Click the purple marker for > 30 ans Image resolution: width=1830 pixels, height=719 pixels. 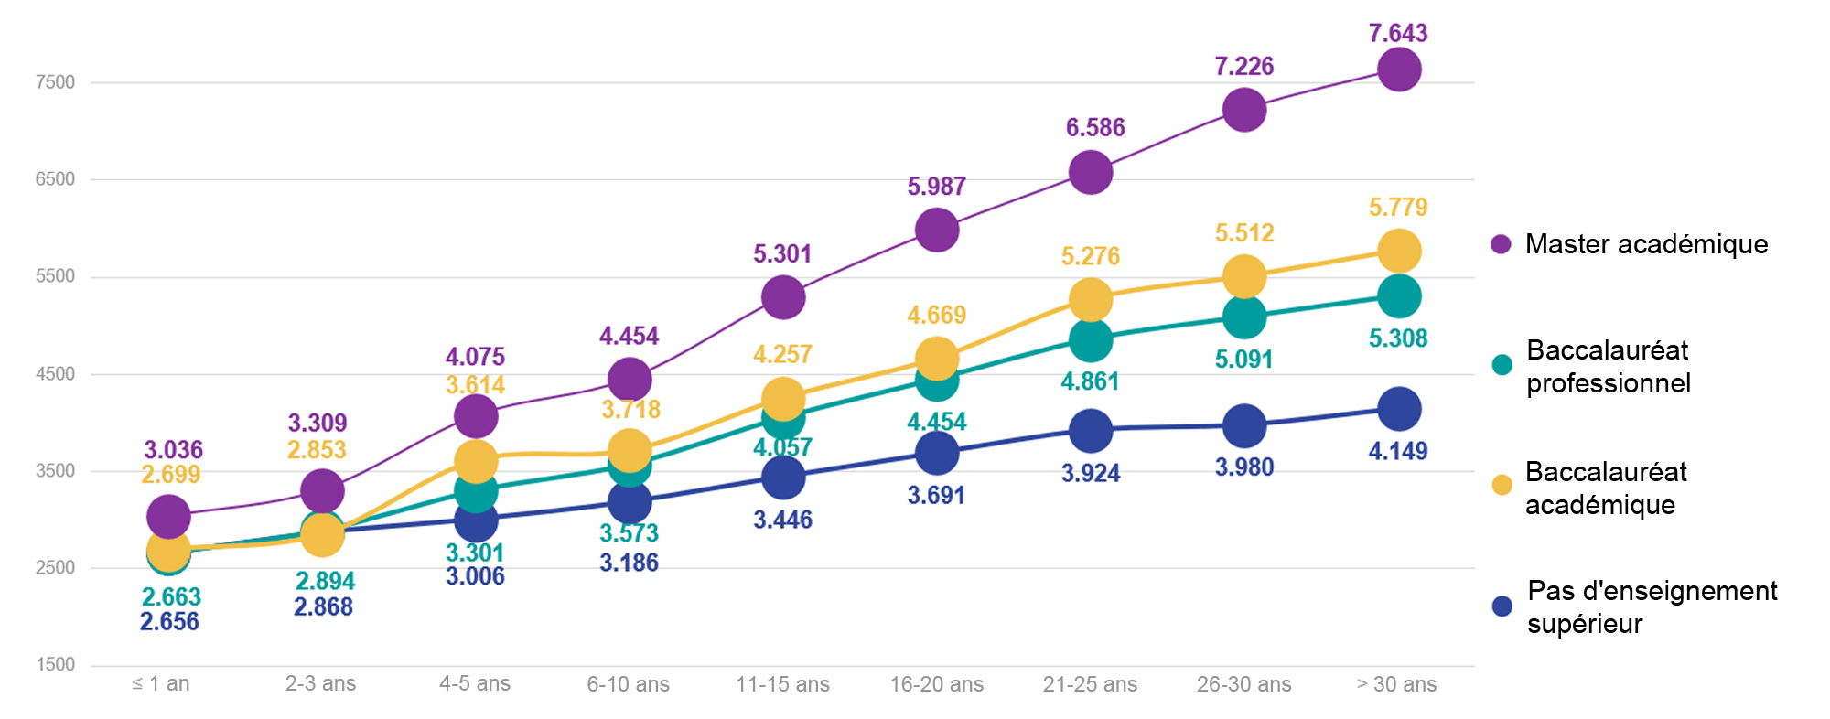click(1398, 70)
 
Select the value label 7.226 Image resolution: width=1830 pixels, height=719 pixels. click(1243, 66)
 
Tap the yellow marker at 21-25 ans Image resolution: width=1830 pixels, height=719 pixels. click(1090, 299)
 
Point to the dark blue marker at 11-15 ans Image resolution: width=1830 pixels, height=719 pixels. click(782, 478)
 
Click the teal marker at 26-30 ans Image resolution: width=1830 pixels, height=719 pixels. click(1243, 318)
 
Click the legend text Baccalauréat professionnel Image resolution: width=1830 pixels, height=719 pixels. click(1608, 366)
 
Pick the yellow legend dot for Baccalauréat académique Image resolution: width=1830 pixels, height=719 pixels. click(1502, 485)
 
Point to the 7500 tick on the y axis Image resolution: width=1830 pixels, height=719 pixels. click(55, 82)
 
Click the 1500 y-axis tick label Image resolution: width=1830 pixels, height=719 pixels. click(55, 665)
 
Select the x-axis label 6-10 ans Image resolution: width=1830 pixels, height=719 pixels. click(628, 684)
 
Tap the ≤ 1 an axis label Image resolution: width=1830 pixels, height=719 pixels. click(161, 684)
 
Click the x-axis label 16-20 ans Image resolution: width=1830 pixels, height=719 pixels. click(936, 684)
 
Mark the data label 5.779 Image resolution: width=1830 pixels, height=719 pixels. click(1397, 208)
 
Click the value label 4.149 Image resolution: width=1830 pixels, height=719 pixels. click(1397, 451)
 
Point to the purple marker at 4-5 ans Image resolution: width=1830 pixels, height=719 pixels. click(475, 417)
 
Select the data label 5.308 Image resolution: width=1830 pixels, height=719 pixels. click(1397, 338)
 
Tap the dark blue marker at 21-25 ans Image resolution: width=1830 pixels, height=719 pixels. click(1090, 431)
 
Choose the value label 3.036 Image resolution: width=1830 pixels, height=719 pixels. click(173, 450)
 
